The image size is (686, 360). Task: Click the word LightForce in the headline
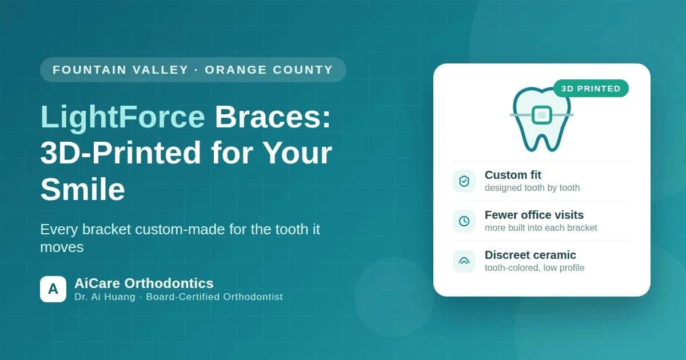click(x=122, y=118)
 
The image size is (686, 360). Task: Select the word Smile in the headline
click(x=83, y=189)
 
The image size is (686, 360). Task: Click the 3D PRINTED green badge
click(x=591, y=89)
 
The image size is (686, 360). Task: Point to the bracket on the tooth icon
click(x=542, y=115)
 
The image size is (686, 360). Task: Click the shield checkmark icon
click(x=464, y=181)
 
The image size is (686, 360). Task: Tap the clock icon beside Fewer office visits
click(x=464, y=221)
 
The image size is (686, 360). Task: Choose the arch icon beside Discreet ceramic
click(x=464, y=261)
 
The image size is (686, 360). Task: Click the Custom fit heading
click(x=513, y=175)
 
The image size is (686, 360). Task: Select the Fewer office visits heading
click(x=534, y=215)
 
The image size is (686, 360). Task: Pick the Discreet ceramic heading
click(x=531, y=255)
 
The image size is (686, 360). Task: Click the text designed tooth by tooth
click(x=532, y=187)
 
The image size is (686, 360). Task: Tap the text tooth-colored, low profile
click(x=535, y=268)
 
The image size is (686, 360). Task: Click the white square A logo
click(x=53, y=289)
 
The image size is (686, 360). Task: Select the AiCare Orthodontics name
click(x=144, y=283)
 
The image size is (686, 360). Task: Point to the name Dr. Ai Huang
click(x=105, y=297)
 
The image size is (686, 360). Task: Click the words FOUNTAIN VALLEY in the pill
click(x=121, y=70)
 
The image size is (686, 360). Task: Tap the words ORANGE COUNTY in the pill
click(x=269, y=70)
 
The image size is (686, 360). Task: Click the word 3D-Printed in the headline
click(x=121, y=153)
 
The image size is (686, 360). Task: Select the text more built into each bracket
click(x=541, y=228)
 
